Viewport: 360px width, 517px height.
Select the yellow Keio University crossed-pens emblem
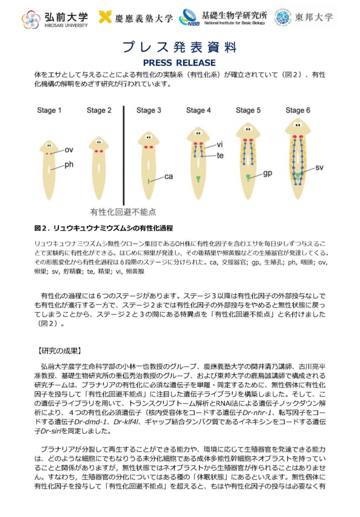click(x=105, y=18)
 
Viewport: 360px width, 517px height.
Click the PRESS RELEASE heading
click(x=179, y=63)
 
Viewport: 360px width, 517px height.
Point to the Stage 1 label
click(x=49, y=111)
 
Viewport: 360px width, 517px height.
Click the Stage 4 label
click(x=198, y=111)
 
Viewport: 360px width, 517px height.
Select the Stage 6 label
click(x=298, y=111)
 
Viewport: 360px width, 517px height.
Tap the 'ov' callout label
click(x=69, y=149)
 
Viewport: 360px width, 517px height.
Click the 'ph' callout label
click(x=69, y=165)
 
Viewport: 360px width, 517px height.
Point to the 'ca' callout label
click(x=169, y=177)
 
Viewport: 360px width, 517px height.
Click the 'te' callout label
click(x=220, y=156)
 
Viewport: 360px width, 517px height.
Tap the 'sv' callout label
click(x=319, y=167)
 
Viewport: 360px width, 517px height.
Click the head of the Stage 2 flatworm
click(x=99, y=144)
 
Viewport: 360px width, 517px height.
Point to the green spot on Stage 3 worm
click(x=148, y=181)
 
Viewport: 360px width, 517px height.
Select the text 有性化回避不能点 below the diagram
click(x=123, y=212)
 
